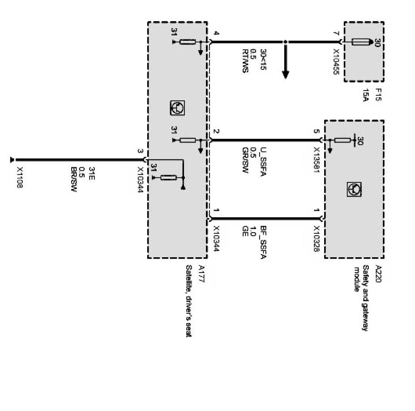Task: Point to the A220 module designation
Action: point(378,273)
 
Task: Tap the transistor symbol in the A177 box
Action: point(177,107)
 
